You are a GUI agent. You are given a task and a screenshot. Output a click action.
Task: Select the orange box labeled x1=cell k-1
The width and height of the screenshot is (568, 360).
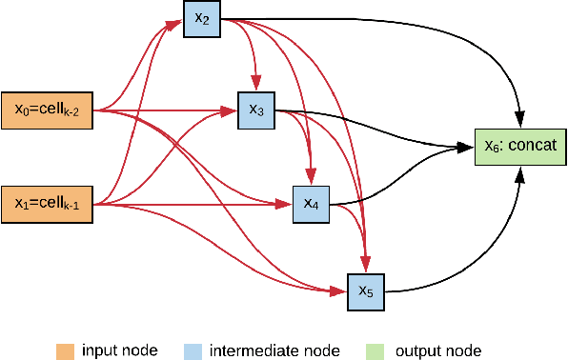(x=48, y=203)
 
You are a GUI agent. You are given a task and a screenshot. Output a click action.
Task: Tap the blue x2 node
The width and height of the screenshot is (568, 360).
(x=201, y=18)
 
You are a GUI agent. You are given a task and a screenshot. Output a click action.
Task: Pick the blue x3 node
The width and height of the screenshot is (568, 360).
(x=256, y=110)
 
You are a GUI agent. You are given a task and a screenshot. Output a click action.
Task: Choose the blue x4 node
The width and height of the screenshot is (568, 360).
(x=311, y=203)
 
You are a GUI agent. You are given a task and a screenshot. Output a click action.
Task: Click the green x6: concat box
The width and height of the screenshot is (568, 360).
(x=521, y=145)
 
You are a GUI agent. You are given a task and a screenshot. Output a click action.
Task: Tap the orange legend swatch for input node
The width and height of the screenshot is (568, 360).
(x=64, y=350)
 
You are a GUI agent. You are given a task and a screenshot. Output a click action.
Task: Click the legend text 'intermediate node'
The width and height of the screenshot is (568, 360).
(x=274, y=350)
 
